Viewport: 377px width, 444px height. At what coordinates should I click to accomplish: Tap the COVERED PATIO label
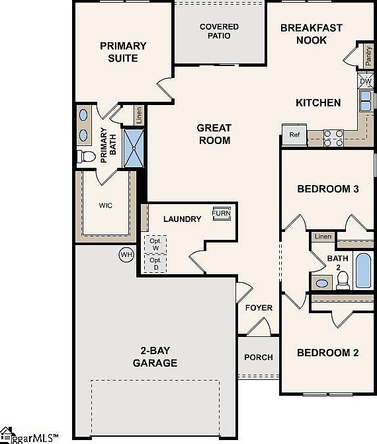pos(219,31)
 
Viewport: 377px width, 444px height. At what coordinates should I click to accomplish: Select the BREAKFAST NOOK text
pos(312,34)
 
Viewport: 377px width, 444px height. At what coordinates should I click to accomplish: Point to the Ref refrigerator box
pos(294,134)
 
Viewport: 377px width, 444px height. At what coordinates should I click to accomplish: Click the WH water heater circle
pos(126,254)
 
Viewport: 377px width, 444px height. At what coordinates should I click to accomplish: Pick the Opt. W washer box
pos(155,243)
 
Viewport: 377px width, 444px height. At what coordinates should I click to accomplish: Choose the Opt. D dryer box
pos(155,264)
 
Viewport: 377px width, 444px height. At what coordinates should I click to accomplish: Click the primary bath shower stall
pos(135,149)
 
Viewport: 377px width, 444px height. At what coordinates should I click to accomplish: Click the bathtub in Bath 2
pos(364,270)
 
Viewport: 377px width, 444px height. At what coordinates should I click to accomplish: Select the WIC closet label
pos(106,205)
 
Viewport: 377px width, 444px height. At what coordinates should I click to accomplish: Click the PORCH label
pos(258,357)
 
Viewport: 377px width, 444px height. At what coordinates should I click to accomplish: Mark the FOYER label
pos(259,308)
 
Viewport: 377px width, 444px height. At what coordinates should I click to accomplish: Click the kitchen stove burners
pos(335,137)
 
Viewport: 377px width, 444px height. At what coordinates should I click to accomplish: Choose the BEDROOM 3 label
pos(327,189)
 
